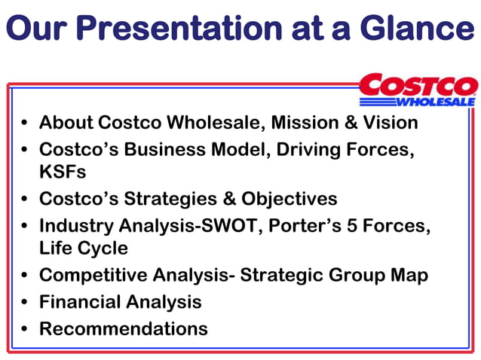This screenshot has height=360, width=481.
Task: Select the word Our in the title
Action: (x=38, y=29)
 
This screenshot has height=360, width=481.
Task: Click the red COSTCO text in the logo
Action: (x=418, y=85)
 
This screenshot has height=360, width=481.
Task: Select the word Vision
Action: (x=389, y=122)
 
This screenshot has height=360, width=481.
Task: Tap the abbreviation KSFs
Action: (x=63, y=172)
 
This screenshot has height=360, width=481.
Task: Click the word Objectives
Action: (x=290, y=199)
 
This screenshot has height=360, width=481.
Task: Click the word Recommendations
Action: (x=123, y=328)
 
